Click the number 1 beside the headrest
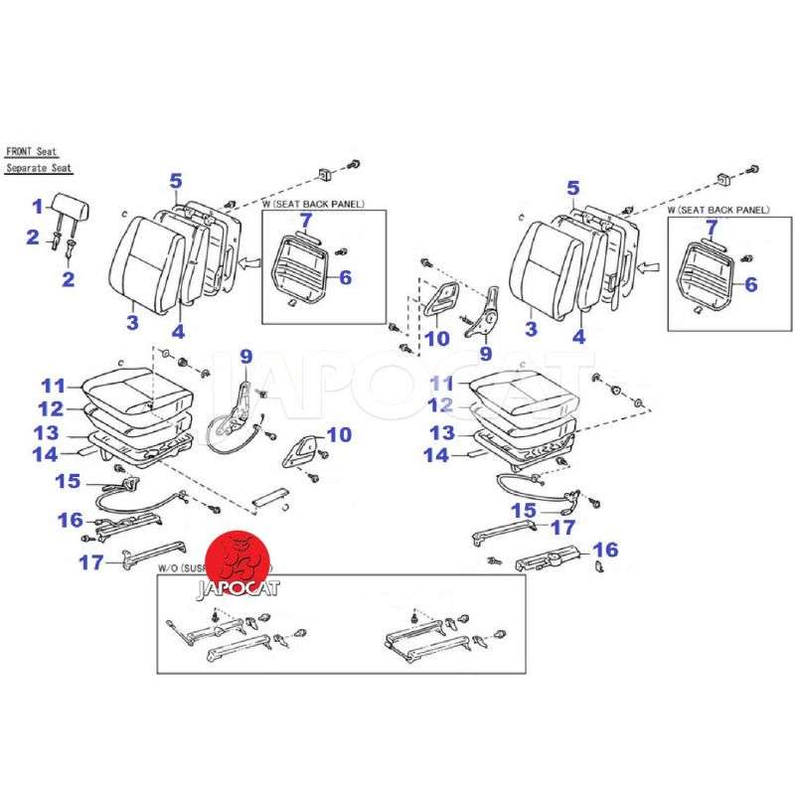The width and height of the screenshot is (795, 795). coord(38,207)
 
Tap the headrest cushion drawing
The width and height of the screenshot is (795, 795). coord(76,209)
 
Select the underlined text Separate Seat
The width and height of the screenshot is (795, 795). coord(39,169)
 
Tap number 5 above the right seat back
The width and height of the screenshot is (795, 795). coord(573,188)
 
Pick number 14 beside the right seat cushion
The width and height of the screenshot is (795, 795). coord(438,455)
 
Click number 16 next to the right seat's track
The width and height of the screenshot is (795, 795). coord(605,550)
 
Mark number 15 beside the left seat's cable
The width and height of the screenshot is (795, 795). coord(68,481)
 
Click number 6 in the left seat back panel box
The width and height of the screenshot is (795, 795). coord(345,278)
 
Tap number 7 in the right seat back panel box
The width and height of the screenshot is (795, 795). coord(711,227)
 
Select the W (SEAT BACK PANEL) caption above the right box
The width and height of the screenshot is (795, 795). coord(718,210)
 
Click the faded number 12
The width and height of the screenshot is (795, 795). coord(441,405)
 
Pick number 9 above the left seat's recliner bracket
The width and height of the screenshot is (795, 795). coord(245,356)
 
